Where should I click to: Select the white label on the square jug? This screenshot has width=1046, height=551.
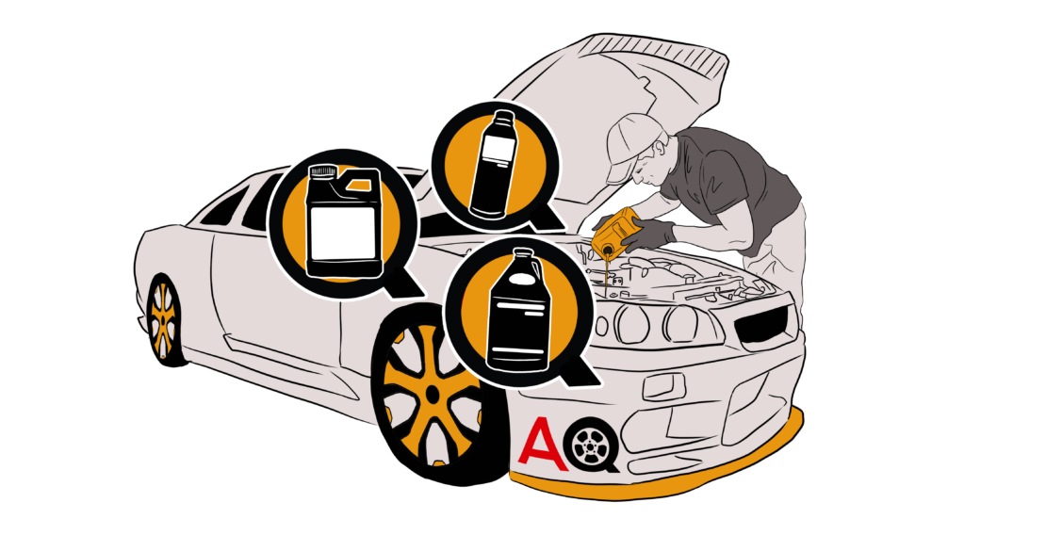click(x=345, y=234)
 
